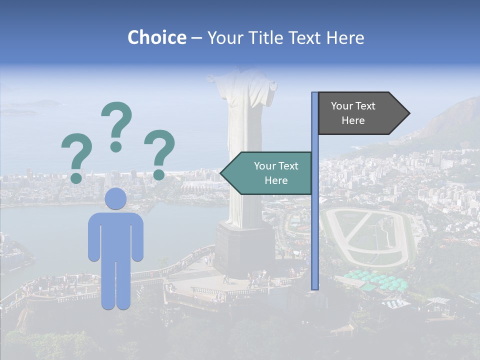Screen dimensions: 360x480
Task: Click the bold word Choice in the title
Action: [156, 37]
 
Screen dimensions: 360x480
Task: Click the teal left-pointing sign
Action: [270, 173]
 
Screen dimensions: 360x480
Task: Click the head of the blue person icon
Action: [116, 199]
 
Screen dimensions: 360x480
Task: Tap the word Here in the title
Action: [345, 37]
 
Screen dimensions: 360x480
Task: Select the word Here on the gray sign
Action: [353, 120]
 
